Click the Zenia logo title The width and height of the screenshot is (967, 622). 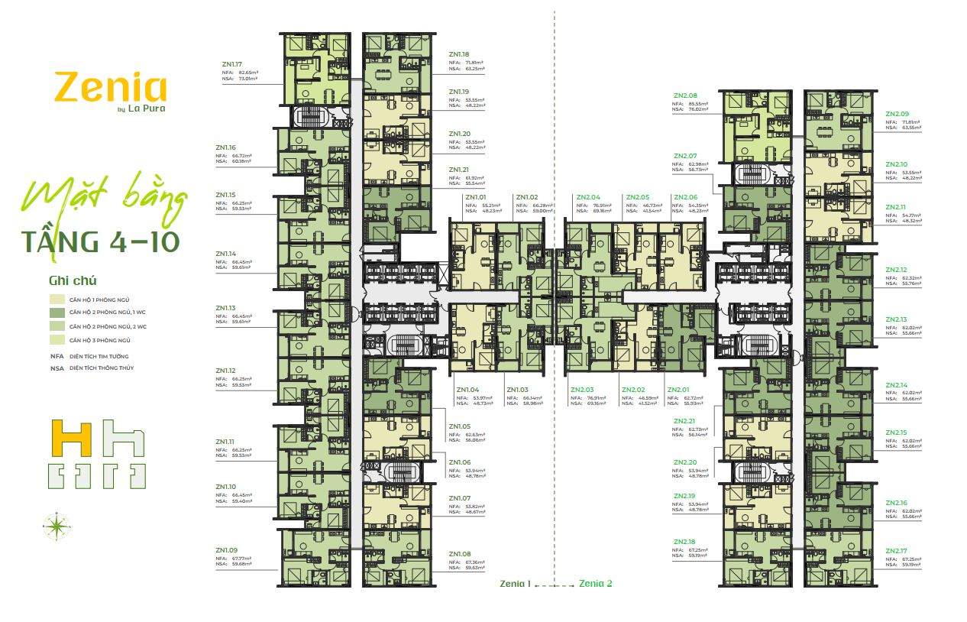click(x=110, y=88)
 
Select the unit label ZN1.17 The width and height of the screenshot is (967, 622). click(x=228, y=64)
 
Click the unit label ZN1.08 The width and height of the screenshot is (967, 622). click(x=460, y=553)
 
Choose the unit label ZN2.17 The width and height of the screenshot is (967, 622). click(x=897, y=551)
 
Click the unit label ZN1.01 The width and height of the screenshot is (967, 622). click(x=475, y=197)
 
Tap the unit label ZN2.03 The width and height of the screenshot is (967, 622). click(x=582, y=390)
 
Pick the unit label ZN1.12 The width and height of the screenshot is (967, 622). click(x=226, y=371)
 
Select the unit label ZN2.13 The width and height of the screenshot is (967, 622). click(x=897, y=319)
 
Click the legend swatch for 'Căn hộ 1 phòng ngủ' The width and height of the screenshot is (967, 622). click(x=57, y=300)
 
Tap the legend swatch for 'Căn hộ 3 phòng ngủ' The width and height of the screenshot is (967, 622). click(x=57, y=339)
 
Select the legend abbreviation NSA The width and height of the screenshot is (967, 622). click(x=56, y=368)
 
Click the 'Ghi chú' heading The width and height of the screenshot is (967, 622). click(x=73, y=280)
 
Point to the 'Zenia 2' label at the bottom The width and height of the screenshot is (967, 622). click(x=596, y=583)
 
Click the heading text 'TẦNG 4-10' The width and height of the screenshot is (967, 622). click(x=102, y=241)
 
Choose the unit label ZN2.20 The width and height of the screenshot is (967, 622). click(x=685, y=462)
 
